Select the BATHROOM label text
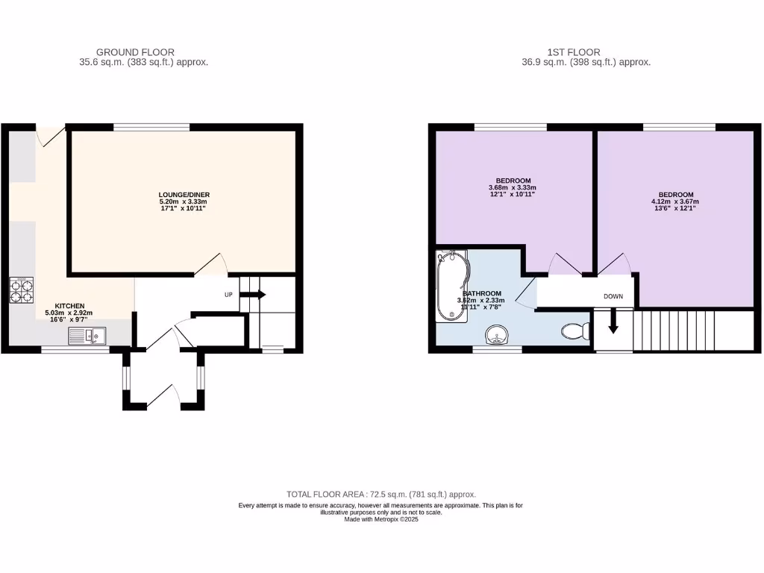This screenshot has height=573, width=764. [482, 293]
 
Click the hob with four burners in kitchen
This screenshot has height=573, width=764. [22, 289]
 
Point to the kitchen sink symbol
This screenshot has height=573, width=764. [87, 336]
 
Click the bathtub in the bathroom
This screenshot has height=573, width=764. [451, 286]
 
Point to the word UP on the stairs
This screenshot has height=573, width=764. [230, 295]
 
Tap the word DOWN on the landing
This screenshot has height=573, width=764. [613, 296]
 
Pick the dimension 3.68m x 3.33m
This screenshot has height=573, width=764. [513, 187]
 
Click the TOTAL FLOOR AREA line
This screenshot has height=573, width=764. [381, 495]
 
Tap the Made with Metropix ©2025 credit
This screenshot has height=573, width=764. [381, 519]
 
